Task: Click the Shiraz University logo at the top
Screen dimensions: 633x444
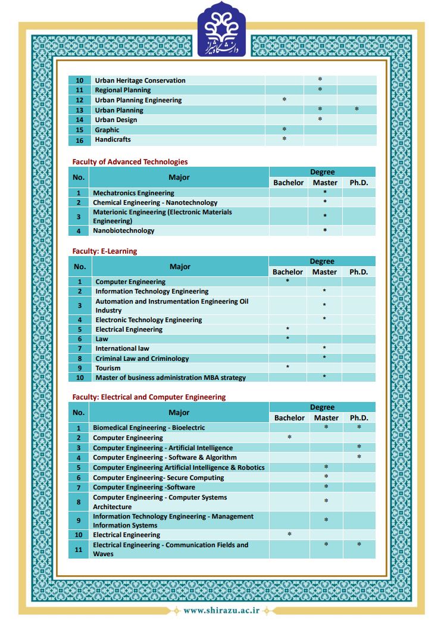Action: tap(221, 30)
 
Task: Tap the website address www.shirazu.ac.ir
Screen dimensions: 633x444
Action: tap(221, 610)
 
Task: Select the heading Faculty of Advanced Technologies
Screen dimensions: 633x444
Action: tap(130, 161)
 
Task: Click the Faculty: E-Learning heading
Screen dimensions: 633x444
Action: tap(105, 251)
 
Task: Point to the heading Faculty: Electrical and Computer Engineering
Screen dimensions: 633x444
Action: tap(149, 397)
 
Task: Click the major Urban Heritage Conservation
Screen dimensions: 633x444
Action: tap(140, 80)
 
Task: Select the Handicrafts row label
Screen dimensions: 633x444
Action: tap(112, 139)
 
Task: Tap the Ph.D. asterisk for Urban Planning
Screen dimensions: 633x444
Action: tap(357, 110)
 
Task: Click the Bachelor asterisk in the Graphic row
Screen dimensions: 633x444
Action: tap(284, 129)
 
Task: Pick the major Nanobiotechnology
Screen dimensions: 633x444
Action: tap(123, 230)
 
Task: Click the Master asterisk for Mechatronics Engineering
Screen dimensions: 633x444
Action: tap(325, 192)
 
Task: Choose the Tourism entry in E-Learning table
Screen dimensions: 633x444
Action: tap(108, 368)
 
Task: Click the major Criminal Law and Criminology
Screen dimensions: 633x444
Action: tap(142, 358)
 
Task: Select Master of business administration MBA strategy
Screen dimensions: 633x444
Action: tap(170, 378)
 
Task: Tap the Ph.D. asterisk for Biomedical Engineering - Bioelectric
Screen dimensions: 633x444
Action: tap(359, 428)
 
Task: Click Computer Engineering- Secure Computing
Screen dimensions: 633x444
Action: tap(158, 478)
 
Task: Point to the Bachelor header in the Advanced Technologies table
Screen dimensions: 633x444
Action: tap(288, 183)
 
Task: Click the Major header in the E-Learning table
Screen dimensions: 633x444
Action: tap(180, 267)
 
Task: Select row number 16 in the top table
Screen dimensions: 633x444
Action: tap(80, 141)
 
